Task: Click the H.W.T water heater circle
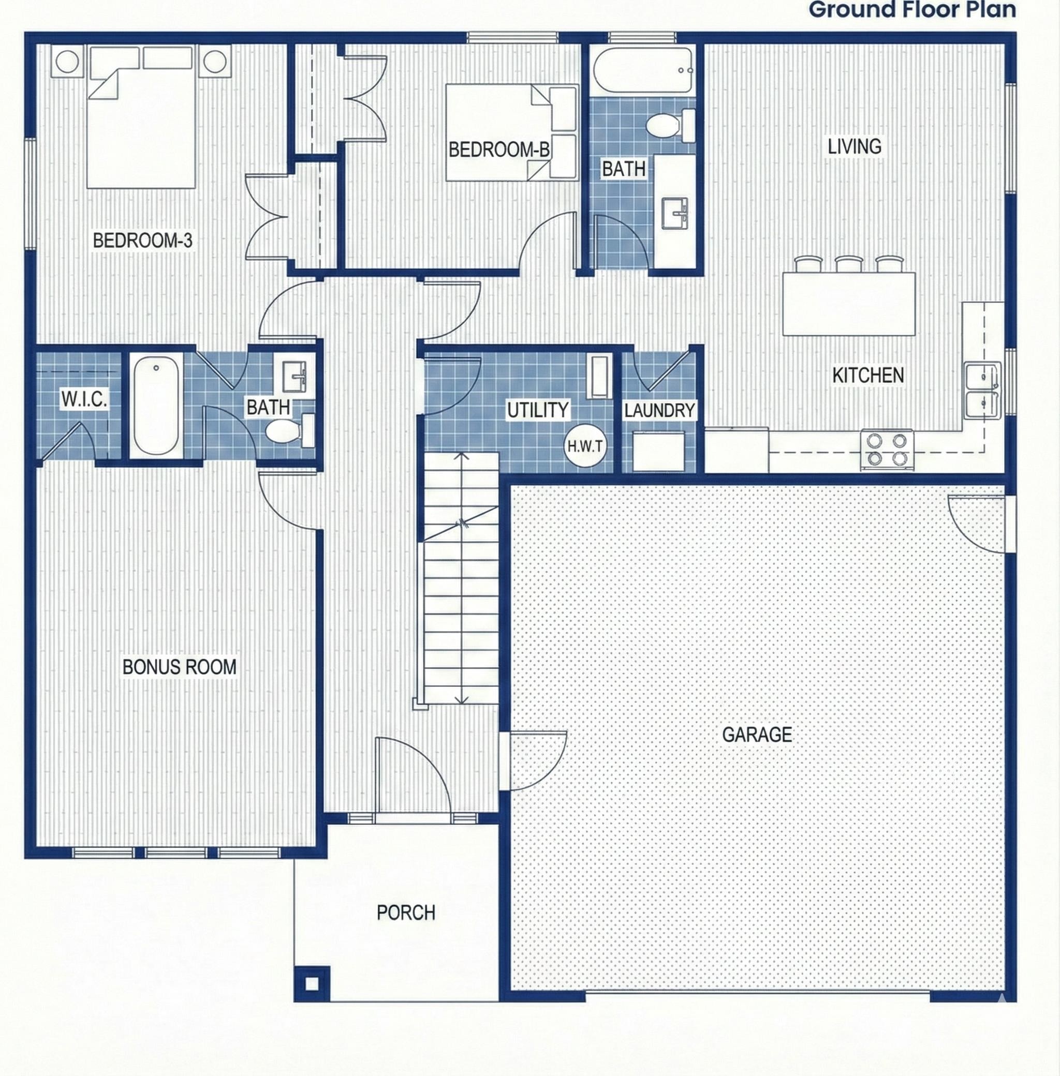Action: click(584, 445)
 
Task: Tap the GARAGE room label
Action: click(757, 735)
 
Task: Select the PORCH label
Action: click(405, 913)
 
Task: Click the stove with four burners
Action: click(887, 449)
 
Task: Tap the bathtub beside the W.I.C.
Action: click(156, 405)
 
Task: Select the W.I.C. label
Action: click(83, 398)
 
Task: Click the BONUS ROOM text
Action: click(179, 666)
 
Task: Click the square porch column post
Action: click(312, 983)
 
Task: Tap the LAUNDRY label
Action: click(659, 411)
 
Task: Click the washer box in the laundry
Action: click(658, 451)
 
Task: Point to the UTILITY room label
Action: click(537, 410)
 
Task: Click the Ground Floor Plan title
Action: click(912, 9)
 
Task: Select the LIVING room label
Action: click(854, 146)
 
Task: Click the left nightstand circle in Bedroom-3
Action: click(67, 61)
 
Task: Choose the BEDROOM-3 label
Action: click(142, 241)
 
